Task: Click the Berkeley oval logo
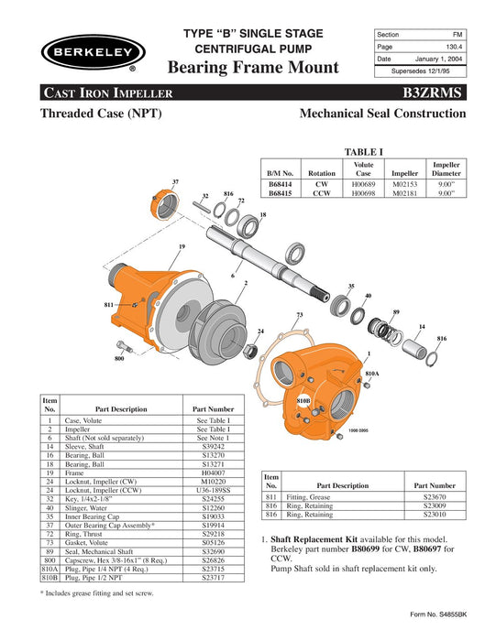tap(93, 52)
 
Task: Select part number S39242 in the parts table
tap(213, 447)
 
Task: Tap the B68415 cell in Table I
tap(280, 193)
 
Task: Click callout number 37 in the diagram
tap(175, 181)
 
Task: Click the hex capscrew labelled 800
tap(124, 346)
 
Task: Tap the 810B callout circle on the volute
tap(303, 401)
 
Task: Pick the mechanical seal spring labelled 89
tap(385, 331)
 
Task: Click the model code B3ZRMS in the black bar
tap(432, 92)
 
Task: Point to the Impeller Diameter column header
tap(446, 168)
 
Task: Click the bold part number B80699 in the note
tap(366, 549)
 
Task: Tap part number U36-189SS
tap(213, 490)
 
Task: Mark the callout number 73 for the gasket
tap(300, 315)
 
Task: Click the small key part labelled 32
tap(202, 206)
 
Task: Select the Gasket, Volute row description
tap(86, 542)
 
